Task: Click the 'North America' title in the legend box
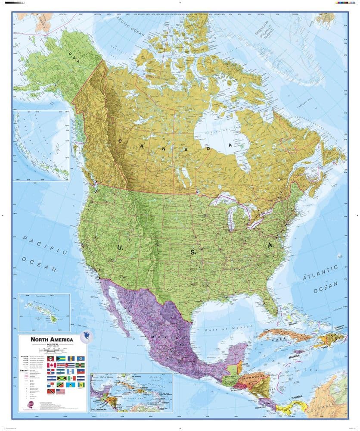point(52,340)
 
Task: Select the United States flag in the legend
point(61,391)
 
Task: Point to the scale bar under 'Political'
point(51,350)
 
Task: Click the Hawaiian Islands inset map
point(44,312)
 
